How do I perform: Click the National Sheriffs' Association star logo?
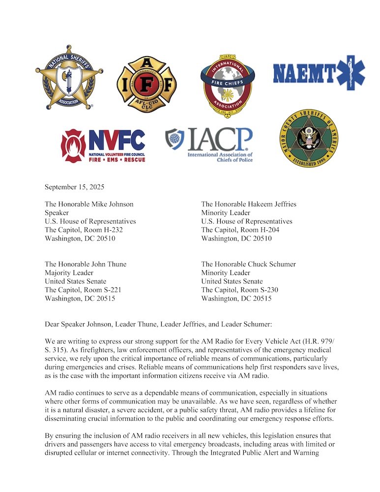[69, 81]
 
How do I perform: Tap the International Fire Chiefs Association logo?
[227, 85]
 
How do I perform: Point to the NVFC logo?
[103, 145]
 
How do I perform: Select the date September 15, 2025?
[74, 187]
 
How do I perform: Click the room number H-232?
[111, 230]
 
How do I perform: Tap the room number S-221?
[110, 290]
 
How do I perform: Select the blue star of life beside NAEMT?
[351, 72]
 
